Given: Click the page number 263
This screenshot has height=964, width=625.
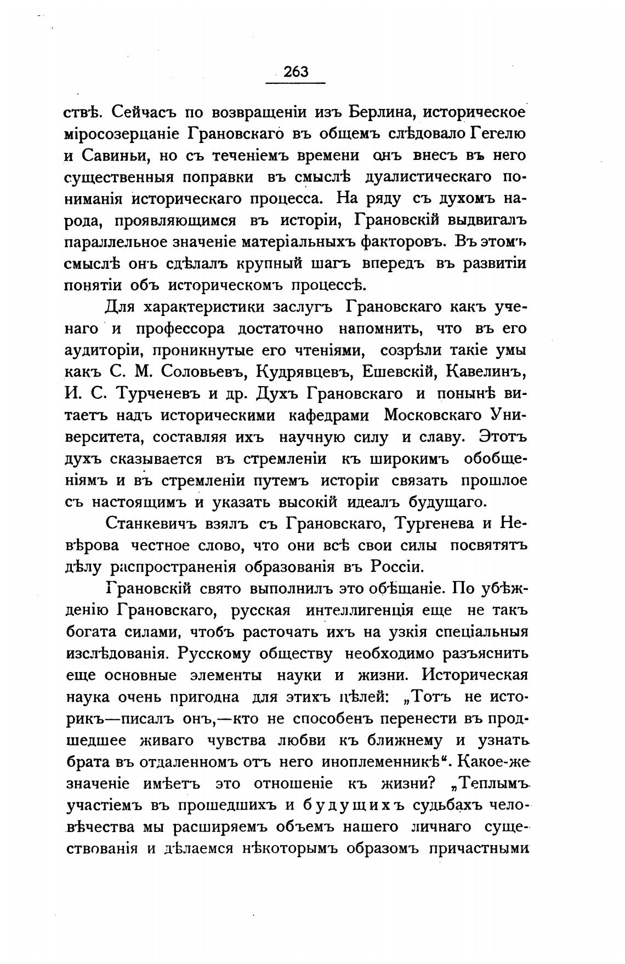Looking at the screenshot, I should pyautogui.click(x=296, y=71).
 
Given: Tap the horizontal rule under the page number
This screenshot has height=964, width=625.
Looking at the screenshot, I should pyautogui.click(x=296, y=83).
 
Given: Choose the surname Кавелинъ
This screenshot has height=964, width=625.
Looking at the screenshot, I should pyautogui.click(x=486, y=372).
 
